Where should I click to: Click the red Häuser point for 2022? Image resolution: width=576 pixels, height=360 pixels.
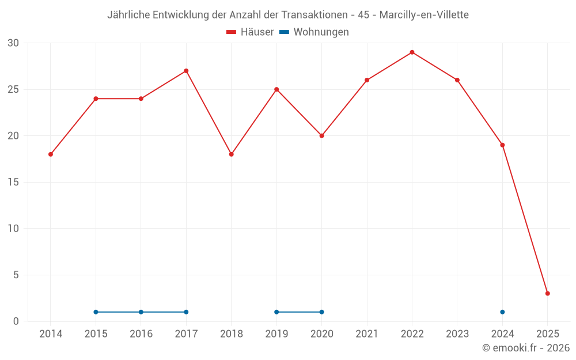[x=412, y=52]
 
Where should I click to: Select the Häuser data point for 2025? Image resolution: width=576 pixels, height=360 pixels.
[x=548, y=293]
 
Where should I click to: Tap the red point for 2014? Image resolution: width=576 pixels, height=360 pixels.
[x=51, y=154]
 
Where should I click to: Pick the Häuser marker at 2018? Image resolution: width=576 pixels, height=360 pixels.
[x=232, y=154]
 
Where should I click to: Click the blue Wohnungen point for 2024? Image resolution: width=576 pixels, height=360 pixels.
[x=502, y=312]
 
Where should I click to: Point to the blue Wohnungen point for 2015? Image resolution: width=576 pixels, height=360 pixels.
[x=96, y=312]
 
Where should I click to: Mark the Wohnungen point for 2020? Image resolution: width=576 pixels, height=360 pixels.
[x=321, y=312]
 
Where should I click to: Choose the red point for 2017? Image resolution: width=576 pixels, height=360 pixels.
[x=186, y=71]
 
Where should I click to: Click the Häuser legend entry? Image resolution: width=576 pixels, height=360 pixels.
[x=250, y=32]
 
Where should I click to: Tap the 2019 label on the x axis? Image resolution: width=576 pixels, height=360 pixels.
[x=276, y=334]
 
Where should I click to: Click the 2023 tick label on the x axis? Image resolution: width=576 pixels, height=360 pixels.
[x=457, y=334]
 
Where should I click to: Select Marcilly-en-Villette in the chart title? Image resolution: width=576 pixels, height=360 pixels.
[x=424, y=15]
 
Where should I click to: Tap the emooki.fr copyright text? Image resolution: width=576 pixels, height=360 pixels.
[x=526, y=348]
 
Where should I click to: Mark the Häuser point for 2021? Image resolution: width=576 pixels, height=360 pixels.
[x=367, y=80]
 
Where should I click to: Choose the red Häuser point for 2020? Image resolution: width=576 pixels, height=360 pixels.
[x=321, y=136]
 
